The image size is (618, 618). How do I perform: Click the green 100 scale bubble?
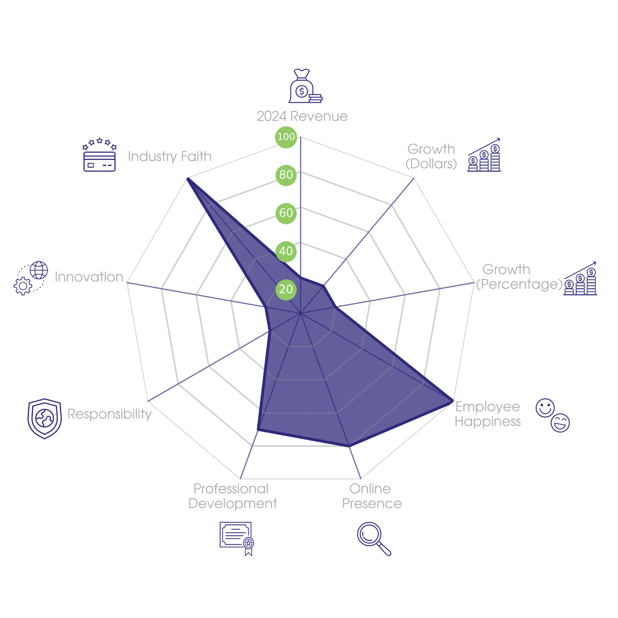pyautogui.click(x=286, y=137)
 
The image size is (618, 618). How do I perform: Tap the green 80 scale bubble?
pyautogui.click(x=286, y=175)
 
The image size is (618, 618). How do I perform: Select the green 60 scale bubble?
pyautogui.click(x=286, y=213)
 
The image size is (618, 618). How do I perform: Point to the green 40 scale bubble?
pyautogui.click(x=286, y=251)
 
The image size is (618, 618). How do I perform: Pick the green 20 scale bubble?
pyautogui.click(x=286, y=289)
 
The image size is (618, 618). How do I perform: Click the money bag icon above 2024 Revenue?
pyautogui.click(x=305, y=86)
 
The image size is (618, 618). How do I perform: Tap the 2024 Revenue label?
pyautogui.click(x=302, y=116)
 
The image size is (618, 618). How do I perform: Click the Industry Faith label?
pyautogui.click(x=170, y=156)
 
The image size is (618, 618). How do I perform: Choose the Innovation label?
pyautogui.click(x=89, y=277)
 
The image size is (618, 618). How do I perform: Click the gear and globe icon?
pyautogui.click(x=31, y=278)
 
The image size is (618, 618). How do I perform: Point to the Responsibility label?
pyautogui.click(x=109, y=414)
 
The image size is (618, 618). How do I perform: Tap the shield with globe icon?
pyautogui.click(x=44, y=419)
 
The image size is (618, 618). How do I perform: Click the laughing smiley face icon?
pyautogui.click(x=560, y=423)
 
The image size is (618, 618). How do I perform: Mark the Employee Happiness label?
pyautogui.click(x=487, y=414)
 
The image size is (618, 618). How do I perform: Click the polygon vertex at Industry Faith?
pyautogui.click(x=187, y=178)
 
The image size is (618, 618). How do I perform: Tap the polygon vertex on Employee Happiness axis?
pyautogui.click(x=453, y=401)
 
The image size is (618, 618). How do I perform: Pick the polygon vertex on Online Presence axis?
pyautogui.click(x=349, y=447)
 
